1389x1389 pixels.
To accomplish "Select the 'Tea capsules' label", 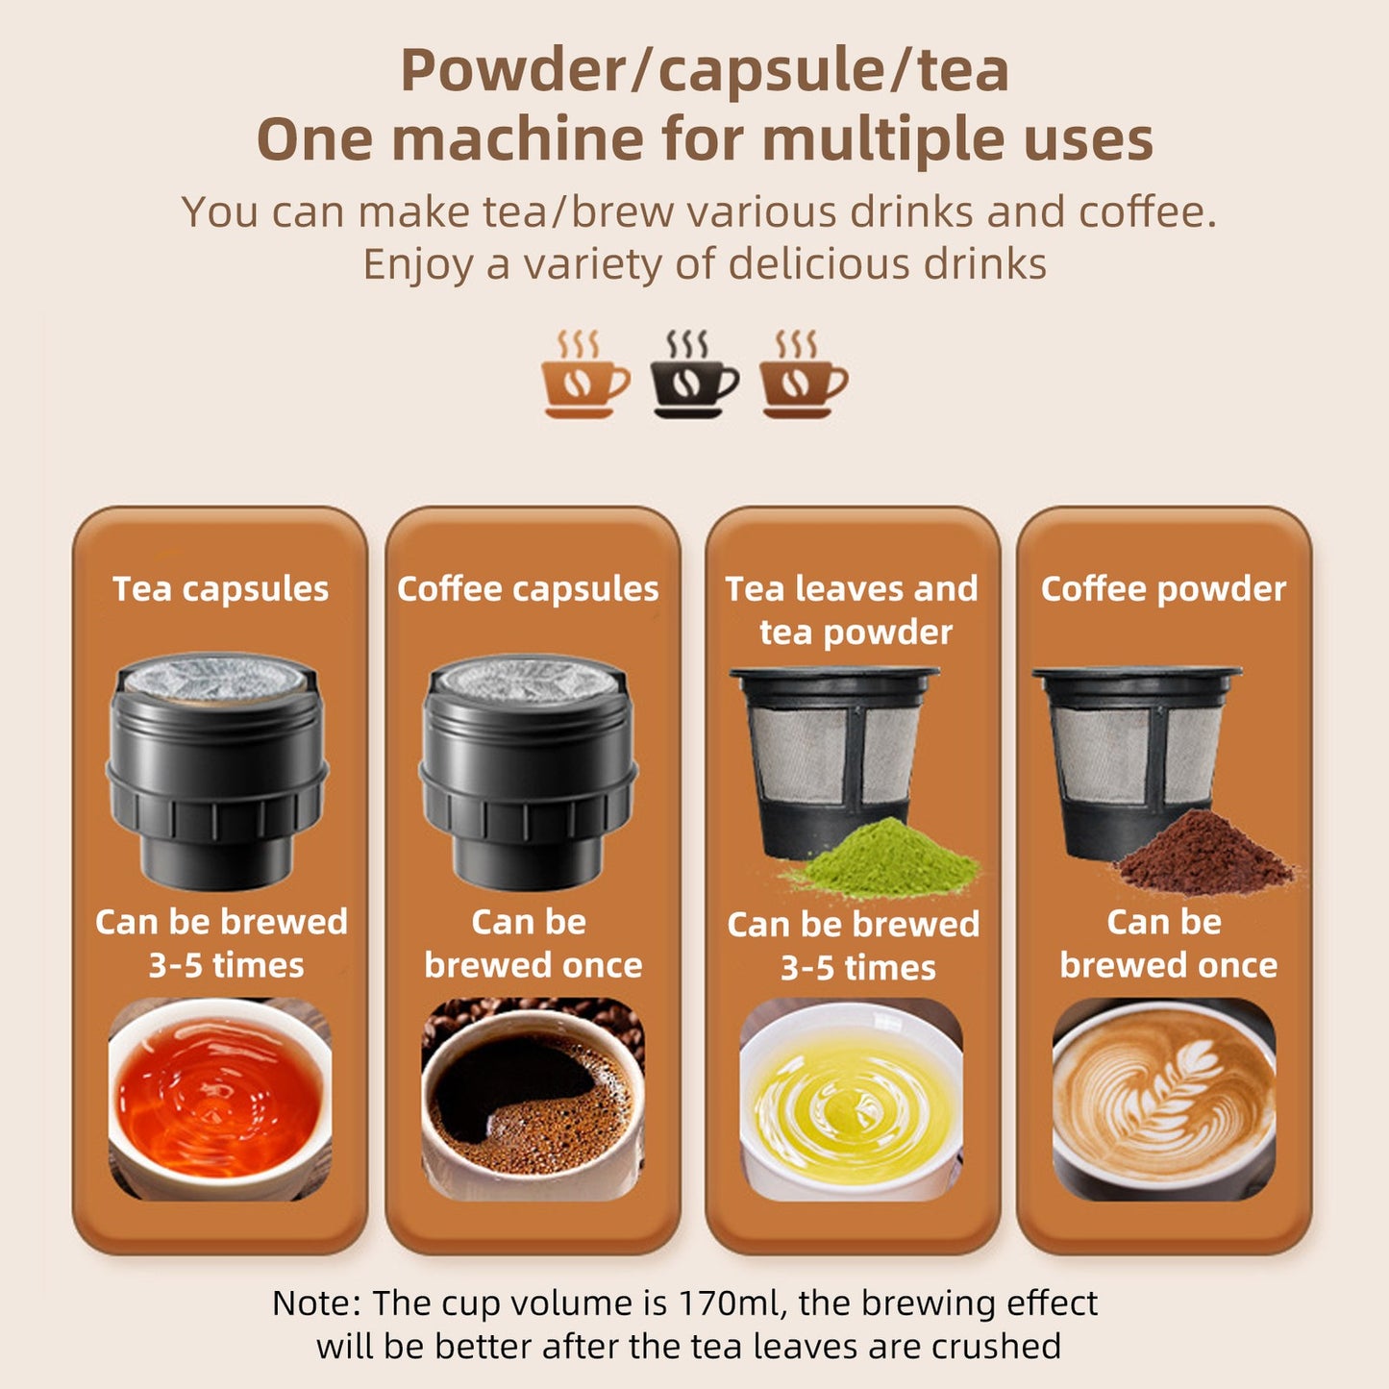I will [220, 588].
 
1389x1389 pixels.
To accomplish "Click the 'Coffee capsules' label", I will [528, 588].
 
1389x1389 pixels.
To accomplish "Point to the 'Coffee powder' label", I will [1163, 588].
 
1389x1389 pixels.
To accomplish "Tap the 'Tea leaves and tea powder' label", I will [853, 609].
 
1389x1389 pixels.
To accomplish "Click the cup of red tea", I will [220, 1099].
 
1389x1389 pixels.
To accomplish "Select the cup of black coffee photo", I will [533, 1099].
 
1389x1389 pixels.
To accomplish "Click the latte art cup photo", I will [1164, 1099].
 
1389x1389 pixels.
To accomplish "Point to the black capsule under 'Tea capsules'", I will [217, 769].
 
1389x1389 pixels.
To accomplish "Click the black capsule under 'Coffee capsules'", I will [528, 769].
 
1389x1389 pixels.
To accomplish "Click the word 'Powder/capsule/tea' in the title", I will [704, 70].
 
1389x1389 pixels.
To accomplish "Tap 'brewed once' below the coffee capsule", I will [533, 965].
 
